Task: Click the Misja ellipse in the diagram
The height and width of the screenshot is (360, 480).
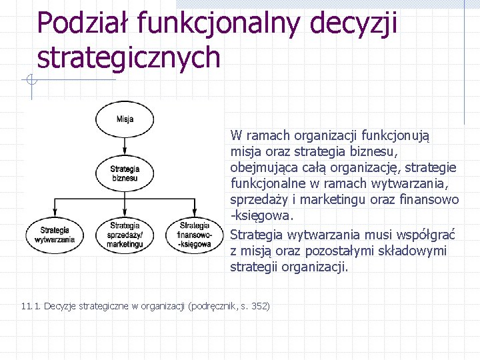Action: (125, 119)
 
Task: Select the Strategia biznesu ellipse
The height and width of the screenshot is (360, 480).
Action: (125, 173)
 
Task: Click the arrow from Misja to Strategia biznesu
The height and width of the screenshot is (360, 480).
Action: (125, 147)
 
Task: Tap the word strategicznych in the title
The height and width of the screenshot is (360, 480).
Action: (129, 57)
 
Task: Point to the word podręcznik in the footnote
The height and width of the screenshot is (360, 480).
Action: (214, 306)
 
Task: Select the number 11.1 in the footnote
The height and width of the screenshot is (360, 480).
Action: (31, 306)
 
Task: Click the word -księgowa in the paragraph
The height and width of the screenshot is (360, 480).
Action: (261, 217)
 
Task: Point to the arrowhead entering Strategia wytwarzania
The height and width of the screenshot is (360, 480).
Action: (55, 217)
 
